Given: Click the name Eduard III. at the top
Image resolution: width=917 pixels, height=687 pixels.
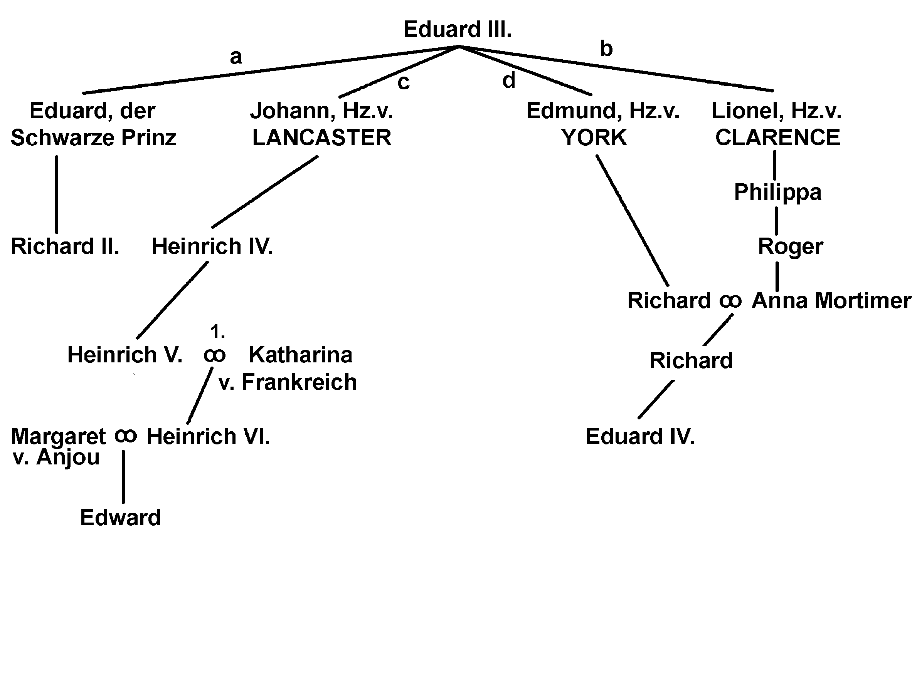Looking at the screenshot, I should click(457, 30).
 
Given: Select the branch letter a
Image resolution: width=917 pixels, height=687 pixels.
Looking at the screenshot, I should click(236, 57).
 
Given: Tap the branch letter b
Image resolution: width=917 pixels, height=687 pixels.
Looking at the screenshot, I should click(606, 49).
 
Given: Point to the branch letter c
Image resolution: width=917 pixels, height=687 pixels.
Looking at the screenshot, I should click(403, 82).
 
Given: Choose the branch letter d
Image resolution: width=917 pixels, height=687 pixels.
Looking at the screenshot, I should click(509, 80).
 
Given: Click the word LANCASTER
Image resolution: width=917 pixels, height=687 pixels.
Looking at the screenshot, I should click(322, 137).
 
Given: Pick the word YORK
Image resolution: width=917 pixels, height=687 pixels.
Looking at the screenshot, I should click(594, 137).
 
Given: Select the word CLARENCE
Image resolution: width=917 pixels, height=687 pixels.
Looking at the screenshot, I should click(778, 137).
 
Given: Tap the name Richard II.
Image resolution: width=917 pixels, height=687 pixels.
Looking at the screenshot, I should click(65, 246).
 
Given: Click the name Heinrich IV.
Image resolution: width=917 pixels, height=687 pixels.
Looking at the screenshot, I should click(212, 246).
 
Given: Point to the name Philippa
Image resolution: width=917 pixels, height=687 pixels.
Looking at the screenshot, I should click(778, 193).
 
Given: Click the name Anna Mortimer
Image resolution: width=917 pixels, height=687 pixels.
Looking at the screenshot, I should click(831, 301).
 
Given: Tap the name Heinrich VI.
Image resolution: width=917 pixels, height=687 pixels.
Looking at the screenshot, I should click(208, 436).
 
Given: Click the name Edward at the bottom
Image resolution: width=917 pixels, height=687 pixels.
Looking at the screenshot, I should click(120, 518).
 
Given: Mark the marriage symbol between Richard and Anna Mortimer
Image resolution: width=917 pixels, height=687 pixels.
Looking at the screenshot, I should click(730, 301).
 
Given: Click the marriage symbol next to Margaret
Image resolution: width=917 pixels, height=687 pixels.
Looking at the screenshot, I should click(125, 436).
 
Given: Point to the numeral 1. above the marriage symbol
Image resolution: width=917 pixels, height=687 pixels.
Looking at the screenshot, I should click(218, 332).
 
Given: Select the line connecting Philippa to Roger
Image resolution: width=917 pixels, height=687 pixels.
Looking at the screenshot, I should click(776, 221).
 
